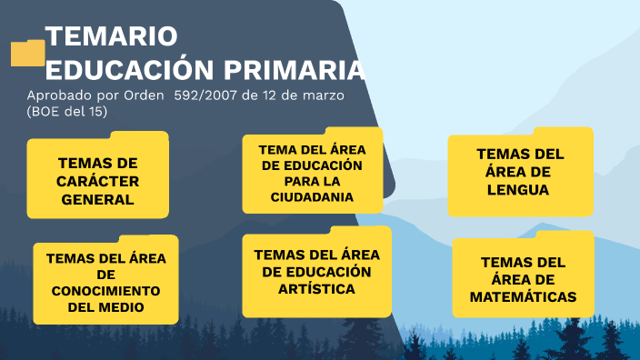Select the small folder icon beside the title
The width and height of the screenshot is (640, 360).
(x=27, y=53)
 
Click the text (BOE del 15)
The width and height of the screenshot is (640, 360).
(x=67, y=111)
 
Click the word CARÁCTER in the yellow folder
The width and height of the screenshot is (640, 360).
(x=97, y=181)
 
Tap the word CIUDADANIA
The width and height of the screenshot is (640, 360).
(x=312, y=197)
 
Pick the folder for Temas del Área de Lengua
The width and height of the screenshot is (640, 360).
(x=520, y=173)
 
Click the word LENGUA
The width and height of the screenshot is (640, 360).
(x=520, y=190)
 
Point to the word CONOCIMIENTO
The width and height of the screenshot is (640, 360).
(x=105, y=290)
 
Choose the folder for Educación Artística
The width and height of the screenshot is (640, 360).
(x=316, y=272)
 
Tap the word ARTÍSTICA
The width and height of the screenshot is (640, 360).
(x=316, y=288)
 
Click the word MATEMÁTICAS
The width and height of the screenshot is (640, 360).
(x=523, y=296)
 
